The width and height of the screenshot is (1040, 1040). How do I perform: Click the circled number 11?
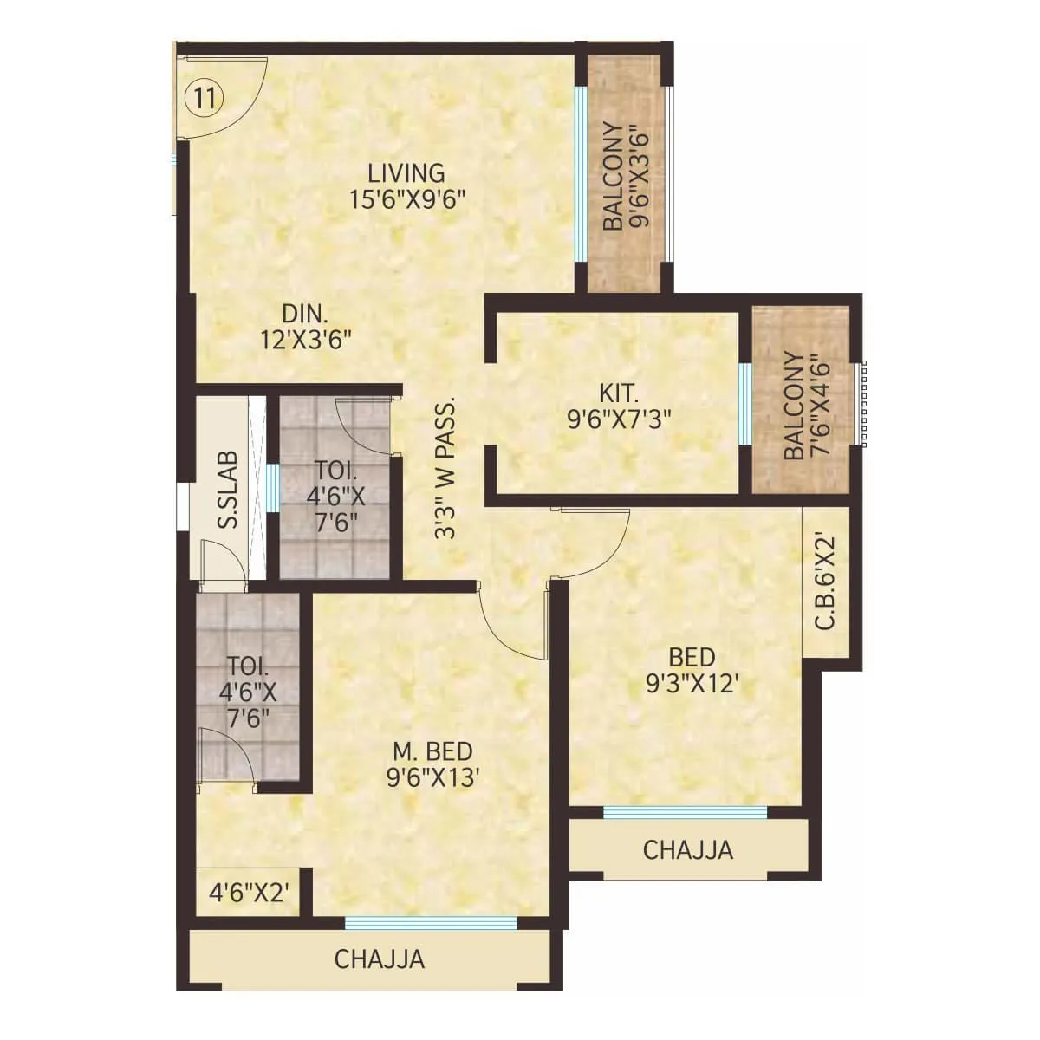204,97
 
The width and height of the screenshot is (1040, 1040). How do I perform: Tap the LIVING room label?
406,172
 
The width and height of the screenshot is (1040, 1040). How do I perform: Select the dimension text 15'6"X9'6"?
408,200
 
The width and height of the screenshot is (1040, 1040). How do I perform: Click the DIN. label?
306,312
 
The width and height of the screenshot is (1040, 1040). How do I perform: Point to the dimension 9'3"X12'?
691,685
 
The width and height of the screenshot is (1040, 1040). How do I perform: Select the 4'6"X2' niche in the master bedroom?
248,893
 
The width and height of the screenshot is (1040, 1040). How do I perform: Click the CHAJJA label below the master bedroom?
380,959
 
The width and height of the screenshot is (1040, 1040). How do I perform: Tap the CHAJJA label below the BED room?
688,849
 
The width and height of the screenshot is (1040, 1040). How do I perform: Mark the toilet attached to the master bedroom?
247,693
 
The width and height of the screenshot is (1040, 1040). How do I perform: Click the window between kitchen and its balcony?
744,405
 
